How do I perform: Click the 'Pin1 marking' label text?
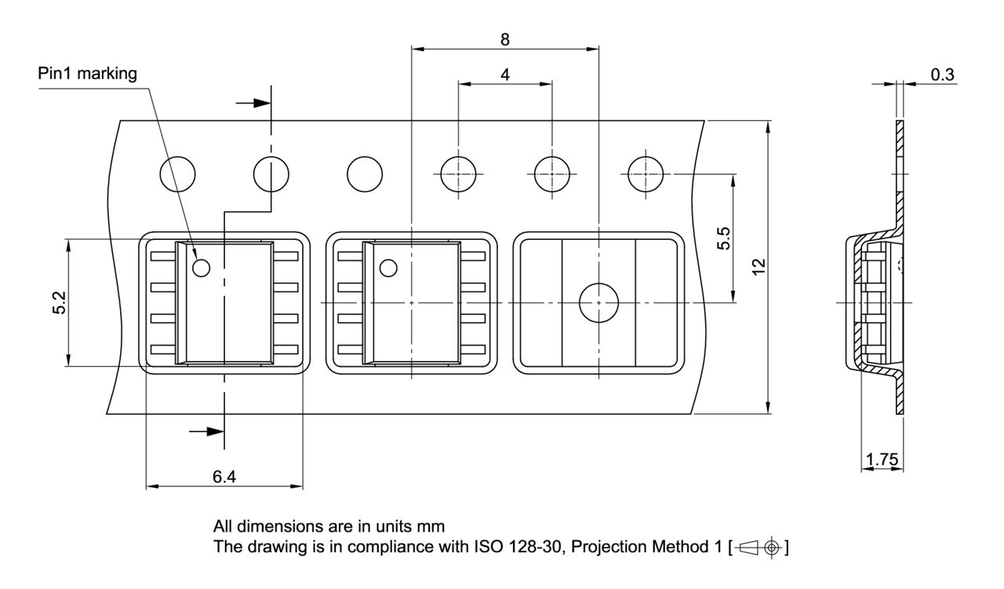87,74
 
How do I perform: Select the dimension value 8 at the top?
505,39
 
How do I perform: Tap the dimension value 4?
505,75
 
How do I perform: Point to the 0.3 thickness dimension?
942,74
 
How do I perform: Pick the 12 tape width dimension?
758,267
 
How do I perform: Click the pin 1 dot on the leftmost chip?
202,268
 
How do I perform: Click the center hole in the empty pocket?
598,302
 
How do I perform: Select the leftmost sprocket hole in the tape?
177,173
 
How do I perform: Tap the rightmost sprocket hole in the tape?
646,173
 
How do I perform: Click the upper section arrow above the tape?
253,103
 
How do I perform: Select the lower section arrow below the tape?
207,431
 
